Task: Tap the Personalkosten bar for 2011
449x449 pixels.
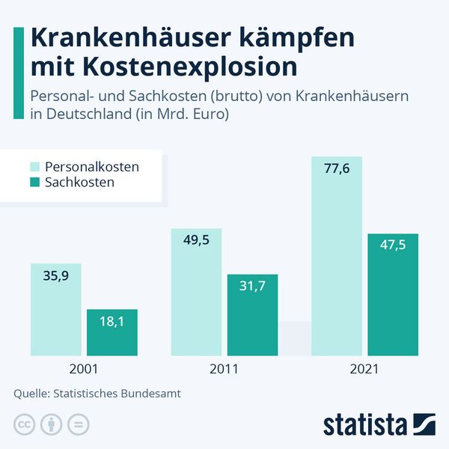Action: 196,299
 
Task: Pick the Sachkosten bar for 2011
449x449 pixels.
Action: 252,322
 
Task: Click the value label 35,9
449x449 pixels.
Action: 55,275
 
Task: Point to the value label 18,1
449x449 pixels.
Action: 112,321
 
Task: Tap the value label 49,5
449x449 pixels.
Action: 196,240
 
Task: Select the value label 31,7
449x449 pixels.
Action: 252,286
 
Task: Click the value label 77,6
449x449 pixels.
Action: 337,169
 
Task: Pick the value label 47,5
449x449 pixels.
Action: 393,245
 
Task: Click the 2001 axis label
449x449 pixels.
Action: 83,369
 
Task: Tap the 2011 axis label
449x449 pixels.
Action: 224,369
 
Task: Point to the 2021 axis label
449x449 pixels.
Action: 364,369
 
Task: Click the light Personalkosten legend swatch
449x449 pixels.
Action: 34,166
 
